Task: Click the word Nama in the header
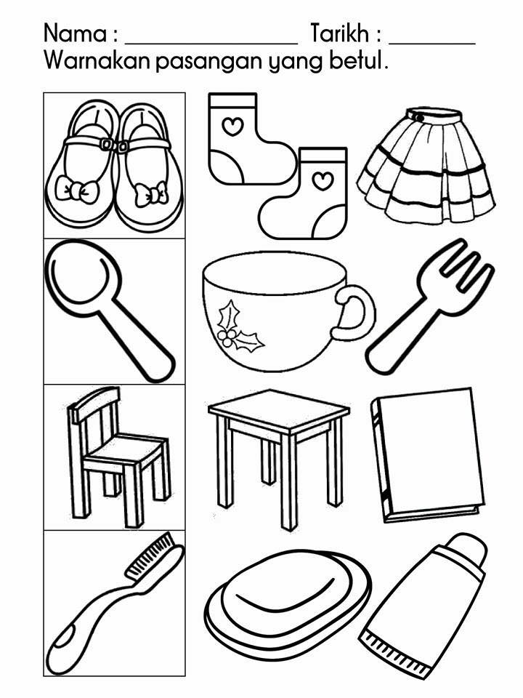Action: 76,34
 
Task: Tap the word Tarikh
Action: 340,33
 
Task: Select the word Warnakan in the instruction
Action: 97,60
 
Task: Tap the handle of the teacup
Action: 354,313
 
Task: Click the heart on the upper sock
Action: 232,127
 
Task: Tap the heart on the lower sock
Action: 323,180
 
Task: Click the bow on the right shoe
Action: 151,194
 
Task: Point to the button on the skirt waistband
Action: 419,116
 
